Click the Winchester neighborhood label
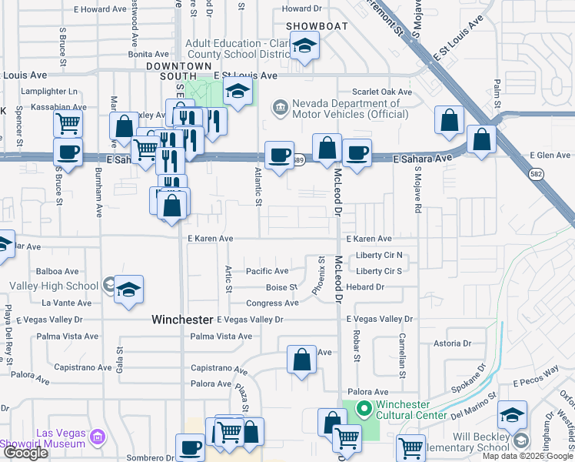(x=181, y=319)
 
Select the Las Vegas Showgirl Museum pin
(x=98, y=437)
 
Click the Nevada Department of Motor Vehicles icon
(x=280, y=105)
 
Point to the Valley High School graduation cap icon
(x=129, y=290)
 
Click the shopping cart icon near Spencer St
(x=68, y=122)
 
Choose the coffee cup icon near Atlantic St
(x=279, y=155)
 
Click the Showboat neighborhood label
(x=317, y=26)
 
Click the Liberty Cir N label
(x=379, y=256)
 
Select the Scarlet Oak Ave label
(x=382, y=92)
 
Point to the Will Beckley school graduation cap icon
(x=512, y=414)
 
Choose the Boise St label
(x=281, y=287)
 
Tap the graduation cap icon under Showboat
(x=305, y=47)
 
